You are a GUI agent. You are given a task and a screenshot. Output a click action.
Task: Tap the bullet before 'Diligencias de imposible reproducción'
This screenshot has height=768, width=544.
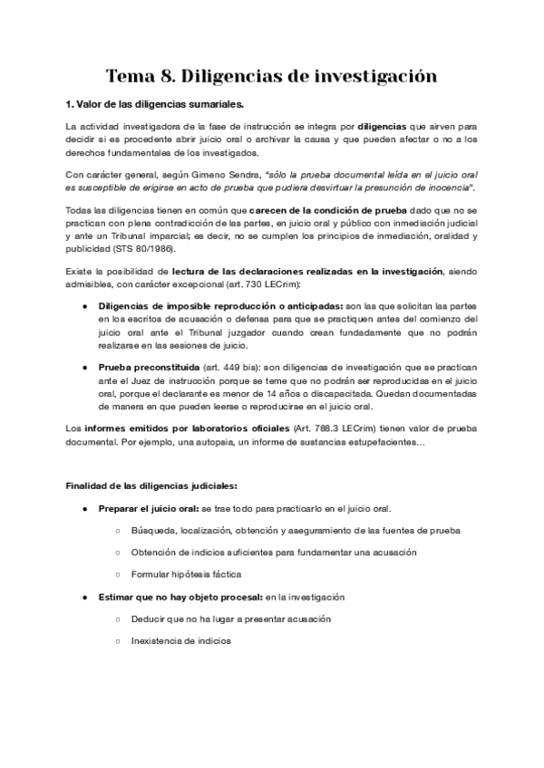point(85,305)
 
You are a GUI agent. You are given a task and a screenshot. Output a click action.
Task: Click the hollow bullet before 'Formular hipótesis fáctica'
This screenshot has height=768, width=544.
point(119,574)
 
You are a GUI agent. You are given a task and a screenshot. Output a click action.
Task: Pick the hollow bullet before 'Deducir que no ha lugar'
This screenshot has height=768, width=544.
point(119,619)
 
